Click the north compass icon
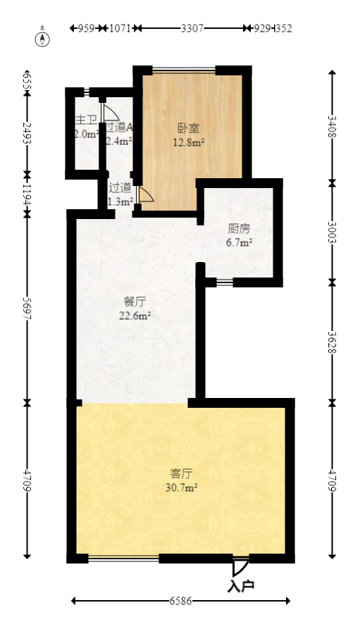(x=44, y=37)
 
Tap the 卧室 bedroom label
(x=188, y=128)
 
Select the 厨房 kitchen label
(x=239, y=229)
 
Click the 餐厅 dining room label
(x=135, y=302)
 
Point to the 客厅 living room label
(x=182, y=473)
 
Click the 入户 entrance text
(x=240, y=585)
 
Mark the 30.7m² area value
(x=182, y=487)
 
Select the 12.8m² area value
(x=189, y=142)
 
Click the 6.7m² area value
(x=239, y=242)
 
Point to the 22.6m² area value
(x=135, y=316)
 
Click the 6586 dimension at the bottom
(x=181, y=601)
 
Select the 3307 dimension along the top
(x=192, y=28)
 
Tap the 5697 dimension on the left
(x=27, y=307)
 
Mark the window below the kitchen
(x=224, y=282)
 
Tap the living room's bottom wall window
(x=123, y=559)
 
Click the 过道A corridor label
(x=118, y=127)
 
